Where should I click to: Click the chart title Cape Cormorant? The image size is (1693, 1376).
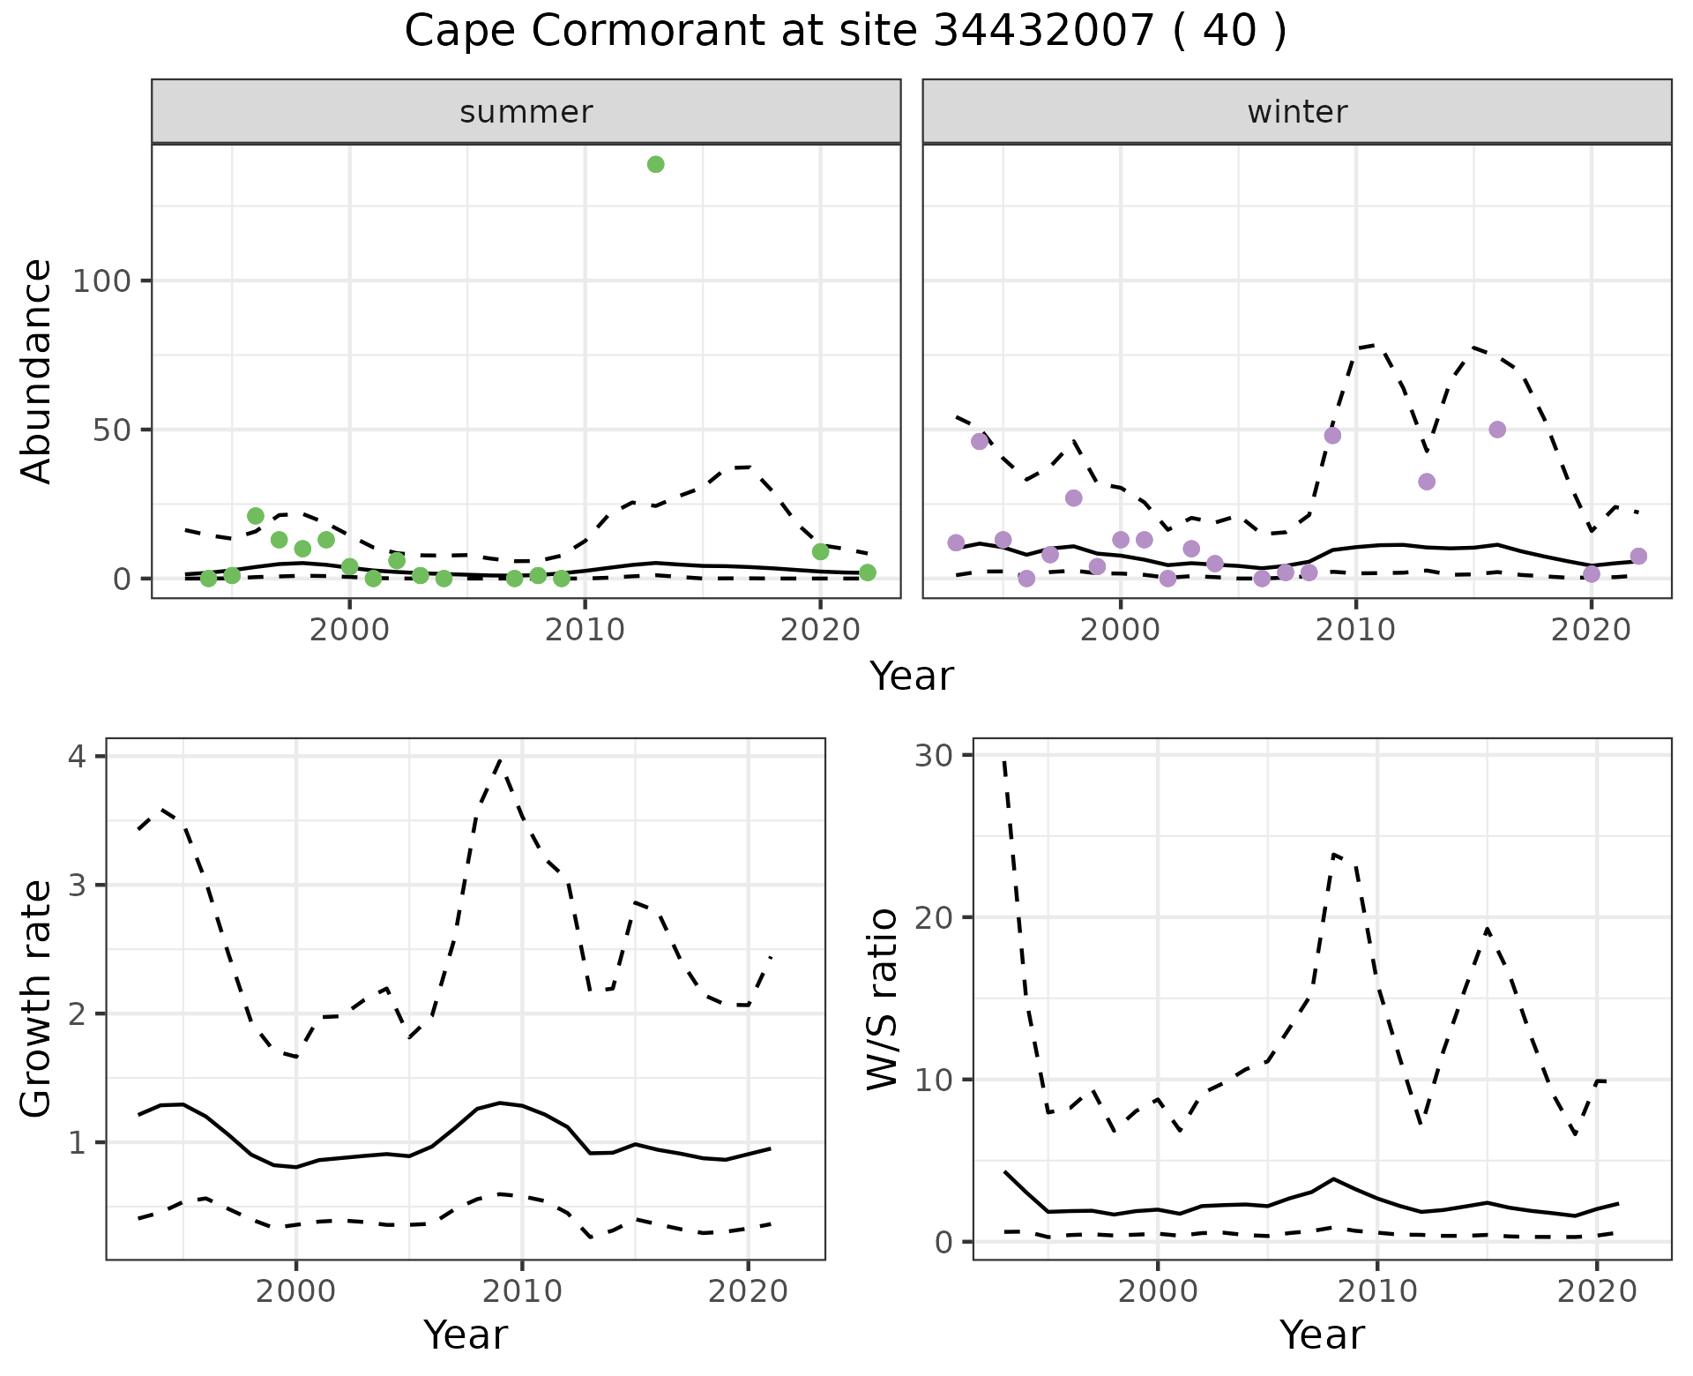[845, 32]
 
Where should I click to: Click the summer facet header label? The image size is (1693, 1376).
[526, 112]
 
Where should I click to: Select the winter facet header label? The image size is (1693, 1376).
[1297, 112]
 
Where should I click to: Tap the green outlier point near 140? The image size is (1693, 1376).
[655, 164]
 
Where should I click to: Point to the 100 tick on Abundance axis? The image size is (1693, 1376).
[101, 281]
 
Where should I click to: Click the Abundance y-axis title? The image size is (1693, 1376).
[37, 370]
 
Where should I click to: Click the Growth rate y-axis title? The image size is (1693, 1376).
[37, 998]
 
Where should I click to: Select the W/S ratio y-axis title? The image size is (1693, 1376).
[882, 998]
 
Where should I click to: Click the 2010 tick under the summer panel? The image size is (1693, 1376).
[585, 630]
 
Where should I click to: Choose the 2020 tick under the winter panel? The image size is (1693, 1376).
[1592, 630]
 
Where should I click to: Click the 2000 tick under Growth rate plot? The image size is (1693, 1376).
[295, 1292]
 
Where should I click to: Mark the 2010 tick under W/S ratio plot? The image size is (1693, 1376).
[1376, 1292]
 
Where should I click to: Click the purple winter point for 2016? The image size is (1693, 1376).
[1497, 430]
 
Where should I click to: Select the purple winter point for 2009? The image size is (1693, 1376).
[1332, 435]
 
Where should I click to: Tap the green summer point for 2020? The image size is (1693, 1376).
[820, 551]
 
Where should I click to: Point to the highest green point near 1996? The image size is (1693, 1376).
[256, 516]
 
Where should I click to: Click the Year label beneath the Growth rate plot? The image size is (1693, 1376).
[466, 1335]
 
